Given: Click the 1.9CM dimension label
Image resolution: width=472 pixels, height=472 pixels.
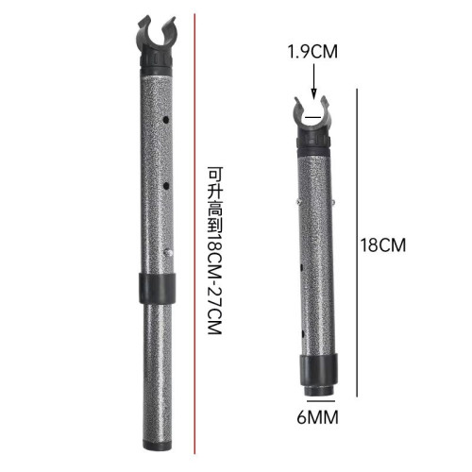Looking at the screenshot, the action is click(x=312, y=52).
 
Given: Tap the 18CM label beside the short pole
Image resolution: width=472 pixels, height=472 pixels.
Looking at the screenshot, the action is click(x=383, y=245).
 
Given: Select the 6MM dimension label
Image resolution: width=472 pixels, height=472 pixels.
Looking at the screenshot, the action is click(x=317, y=417).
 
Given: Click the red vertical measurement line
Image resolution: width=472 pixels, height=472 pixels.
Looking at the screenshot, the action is click(x=194, y=234).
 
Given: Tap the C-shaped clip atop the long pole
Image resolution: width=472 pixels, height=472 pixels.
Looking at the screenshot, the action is click(x=156, y=36).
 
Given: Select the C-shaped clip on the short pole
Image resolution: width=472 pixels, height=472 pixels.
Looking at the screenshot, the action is click(x=312, y=113).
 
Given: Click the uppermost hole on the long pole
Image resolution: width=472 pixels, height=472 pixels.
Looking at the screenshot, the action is click(x=165, y=120).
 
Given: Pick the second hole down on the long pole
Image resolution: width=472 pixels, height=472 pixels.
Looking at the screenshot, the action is click(x=166, y=186).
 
